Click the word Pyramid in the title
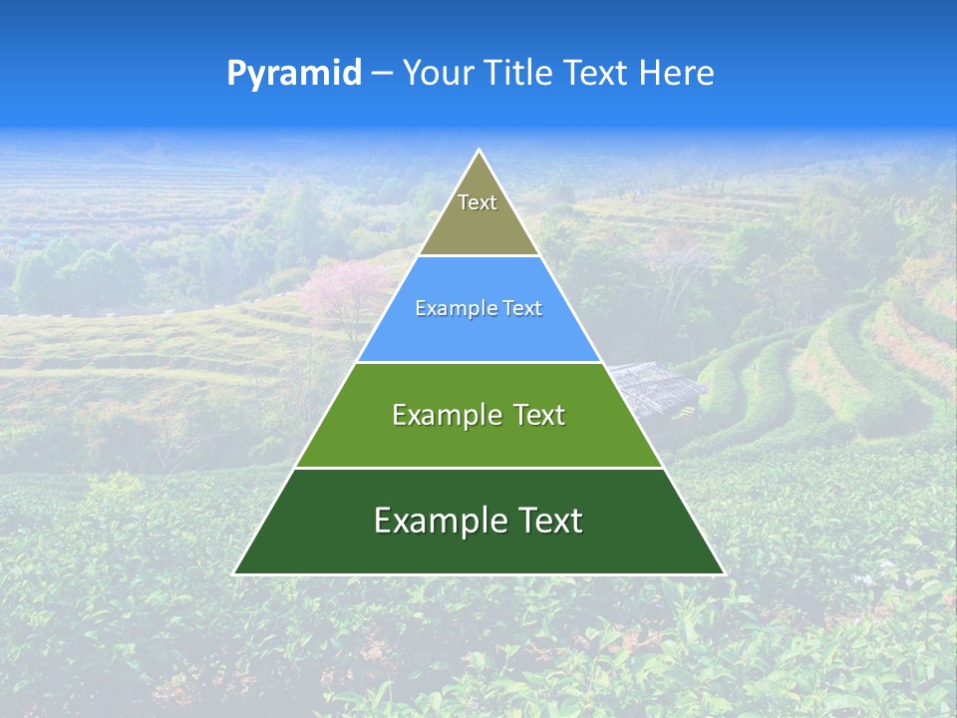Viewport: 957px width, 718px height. [x=293, y=74]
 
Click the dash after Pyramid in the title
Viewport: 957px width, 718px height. [x=382, y=74]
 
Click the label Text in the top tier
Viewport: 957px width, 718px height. [x=478, y=202]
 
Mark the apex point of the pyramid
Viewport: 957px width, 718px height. [x=479, y=151]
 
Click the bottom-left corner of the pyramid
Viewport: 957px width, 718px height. [x=234, y=573]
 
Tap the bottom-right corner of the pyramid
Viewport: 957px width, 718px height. [x=724, y=573]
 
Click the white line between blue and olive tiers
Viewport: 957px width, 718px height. [x=478, y=256]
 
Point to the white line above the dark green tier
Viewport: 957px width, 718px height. [x=478, y=468]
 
